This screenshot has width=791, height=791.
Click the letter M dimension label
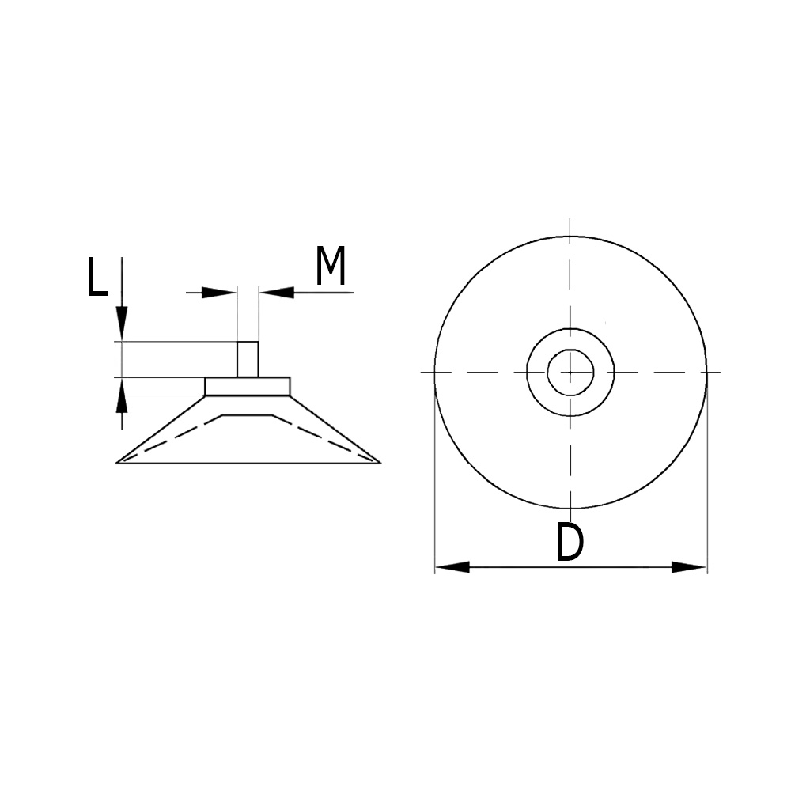pos(331,267)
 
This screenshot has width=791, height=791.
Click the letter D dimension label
pos(569,543)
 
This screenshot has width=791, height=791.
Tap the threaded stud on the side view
pos(247,359)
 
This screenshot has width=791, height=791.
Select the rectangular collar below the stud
pos(248,386)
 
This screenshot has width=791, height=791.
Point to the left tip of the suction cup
pos(118,462)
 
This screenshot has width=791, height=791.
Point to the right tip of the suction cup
pos(379,462)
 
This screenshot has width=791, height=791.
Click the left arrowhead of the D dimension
pos(452,567)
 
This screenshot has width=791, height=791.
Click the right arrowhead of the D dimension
pos(690,567)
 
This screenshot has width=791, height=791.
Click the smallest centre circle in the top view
pos(570,372)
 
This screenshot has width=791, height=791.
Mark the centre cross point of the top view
pos(570,372)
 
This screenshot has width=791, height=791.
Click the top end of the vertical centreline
pos(570,220)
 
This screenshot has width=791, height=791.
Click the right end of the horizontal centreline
pos(718,372)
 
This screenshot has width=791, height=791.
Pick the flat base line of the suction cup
pos(248,463)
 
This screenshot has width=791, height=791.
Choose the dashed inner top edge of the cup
pos(248,414)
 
